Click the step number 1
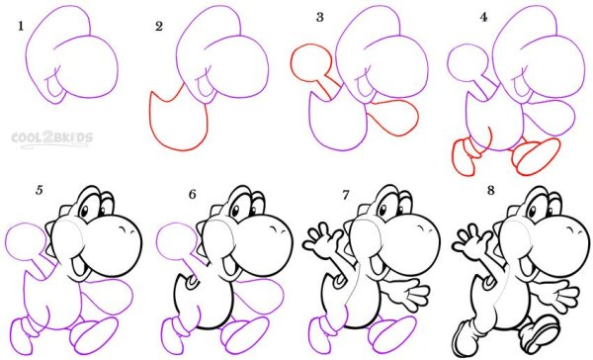click(x=21, y=26)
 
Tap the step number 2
click(x=159, y=26)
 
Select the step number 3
click(x=320, y=18)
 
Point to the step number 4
click(x=483, y=18)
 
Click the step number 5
click(x=39, y=191)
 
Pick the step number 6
click(x=193, y=194)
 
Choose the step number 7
click(x=345, y=195)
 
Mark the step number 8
click(x=491, y=191)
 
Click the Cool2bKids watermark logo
click(x=51, y=138)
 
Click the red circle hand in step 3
click(x=311, y=62)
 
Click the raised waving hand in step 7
click(x=322, y=239)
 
